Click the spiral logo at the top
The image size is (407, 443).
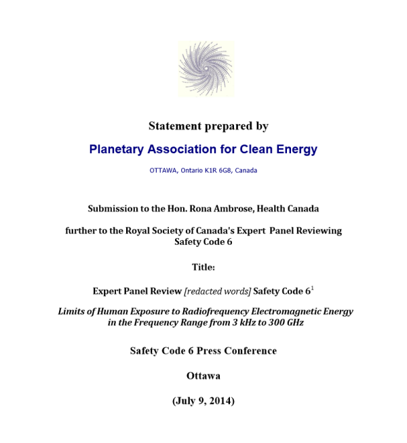coord(206,69)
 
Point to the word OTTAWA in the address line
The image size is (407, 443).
coord(163,170)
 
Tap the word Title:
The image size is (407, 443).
coord(203,267)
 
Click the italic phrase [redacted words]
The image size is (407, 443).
coord(218,291)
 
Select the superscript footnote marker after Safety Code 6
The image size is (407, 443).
coord(313,289)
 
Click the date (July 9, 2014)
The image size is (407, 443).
coord(203,400)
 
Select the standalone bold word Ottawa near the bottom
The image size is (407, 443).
coord(203,375)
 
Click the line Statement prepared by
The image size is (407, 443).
coord(208,126)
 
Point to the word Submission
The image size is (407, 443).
coord(115,208)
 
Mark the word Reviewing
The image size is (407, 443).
coord(317,231)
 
